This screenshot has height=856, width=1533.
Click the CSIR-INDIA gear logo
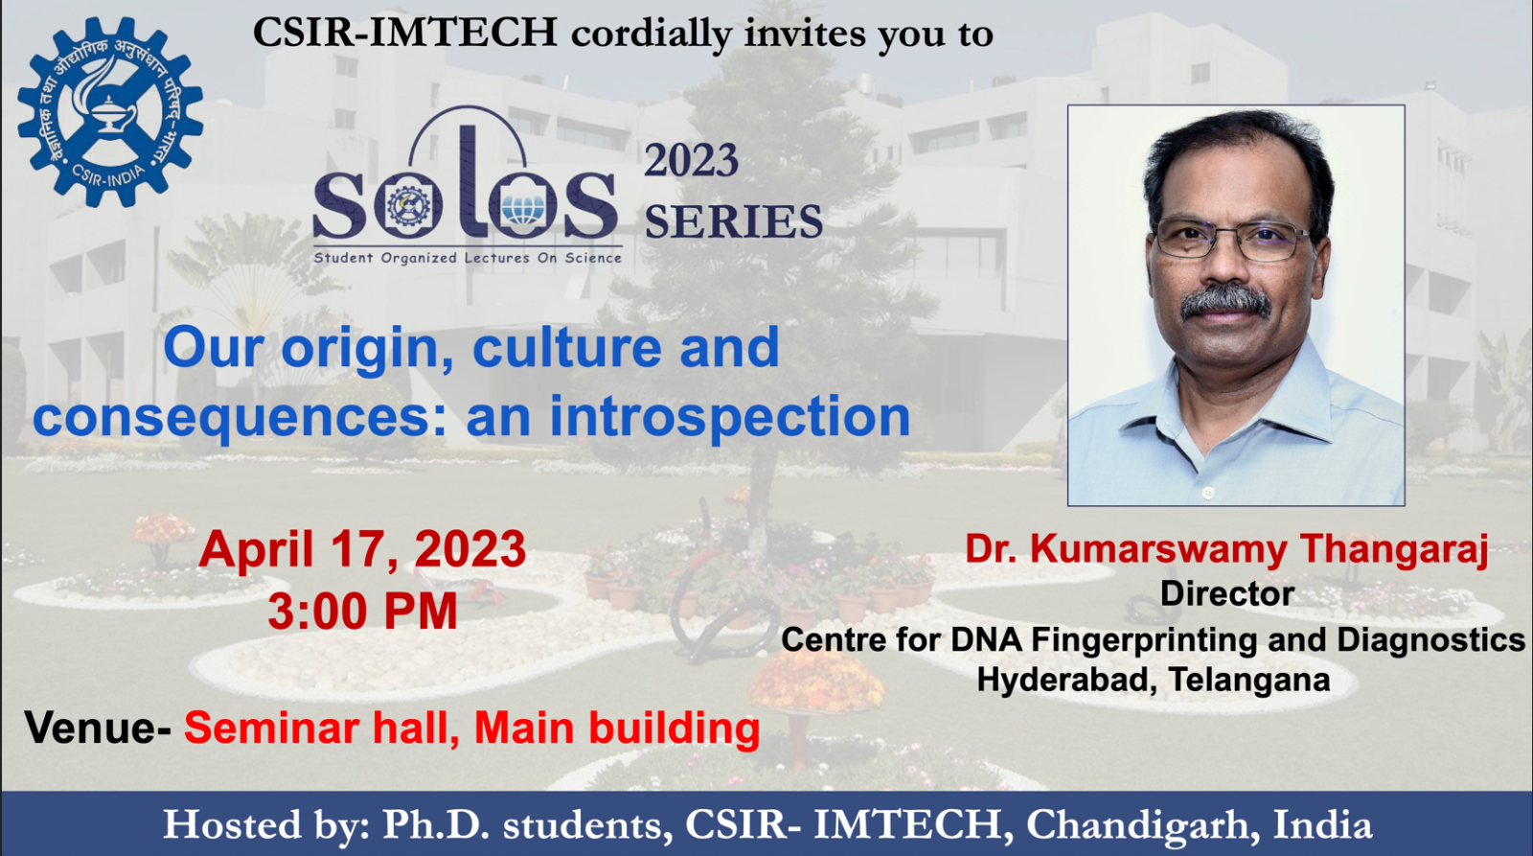pos(110,111)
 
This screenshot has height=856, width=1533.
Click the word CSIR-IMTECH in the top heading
pos(405,33)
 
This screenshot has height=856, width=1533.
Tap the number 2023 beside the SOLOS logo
pos(691,160)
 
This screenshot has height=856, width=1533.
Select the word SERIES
pos(734,221)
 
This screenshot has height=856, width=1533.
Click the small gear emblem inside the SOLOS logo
pos(409,207)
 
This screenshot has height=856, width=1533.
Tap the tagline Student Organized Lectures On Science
pos(468,258)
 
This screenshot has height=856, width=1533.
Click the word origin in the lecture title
pos(368,350)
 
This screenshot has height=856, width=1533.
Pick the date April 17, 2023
pos(362,550)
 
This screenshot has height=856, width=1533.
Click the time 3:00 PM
pos(362,611)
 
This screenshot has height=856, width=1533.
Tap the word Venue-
pos(97,728)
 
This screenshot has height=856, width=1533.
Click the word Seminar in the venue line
pos(271,728)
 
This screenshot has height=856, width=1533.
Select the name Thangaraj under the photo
pos(1394,550)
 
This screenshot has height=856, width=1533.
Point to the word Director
pos(1227,593)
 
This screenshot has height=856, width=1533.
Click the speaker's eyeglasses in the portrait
pos(1232,240)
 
